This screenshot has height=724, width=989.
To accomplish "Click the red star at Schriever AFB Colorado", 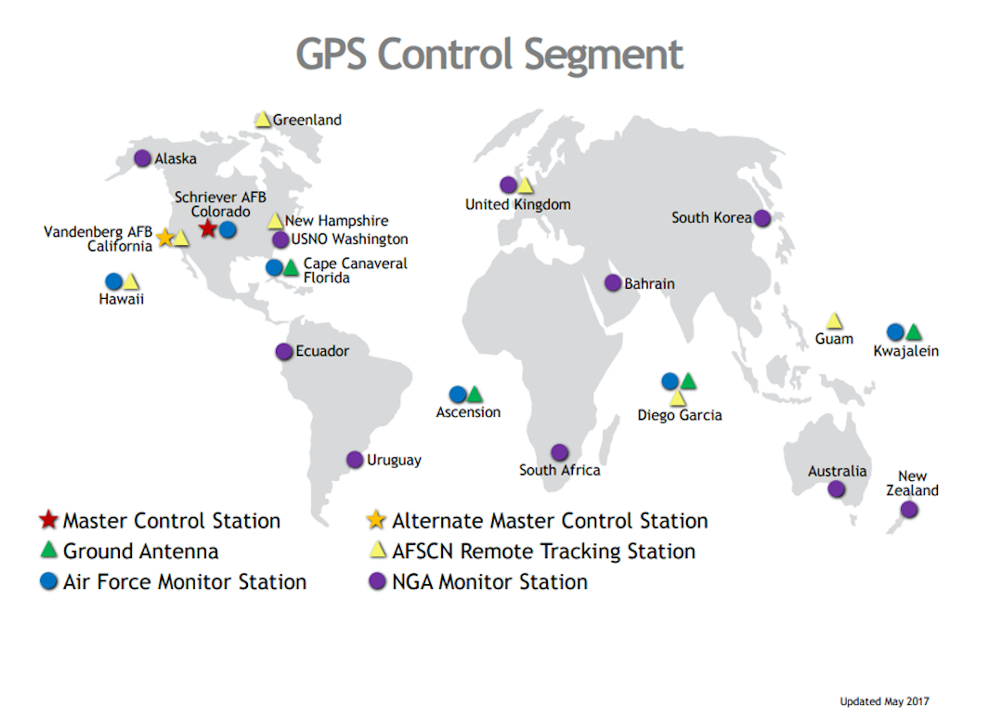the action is tap(208, 229).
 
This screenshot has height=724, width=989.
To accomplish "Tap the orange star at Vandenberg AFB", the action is tap(165, 237).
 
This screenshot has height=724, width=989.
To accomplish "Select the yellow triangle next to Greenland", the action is tap(263, 119).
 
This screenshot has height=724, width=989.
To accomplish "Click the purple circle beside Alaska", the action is tap(142, 158).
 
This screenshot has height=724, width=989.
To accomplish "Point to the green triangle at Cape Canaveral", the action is tap(291, 268).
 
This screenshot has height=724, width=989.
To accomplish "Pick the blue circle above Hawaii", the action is tap(114, 281).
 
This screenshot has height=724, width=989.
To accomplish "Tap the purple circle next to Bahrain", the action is tap(613, 283).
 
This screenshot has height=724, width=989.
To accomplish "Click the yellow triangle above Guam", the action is tap(834, 321).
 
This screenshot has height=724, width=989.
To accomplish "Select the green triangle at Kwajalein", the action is tap(913, 332).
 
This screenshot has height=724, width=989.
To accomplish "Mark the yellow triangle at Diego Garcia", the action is tap(678, 398).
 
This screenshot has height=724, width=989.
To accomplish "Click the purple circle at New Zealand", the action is tap(909, 509).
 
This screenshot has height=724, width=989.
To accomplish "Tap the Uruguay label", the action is tap(394, 460).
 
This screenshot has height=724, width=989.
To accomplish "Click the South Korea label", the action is tap(711, 218).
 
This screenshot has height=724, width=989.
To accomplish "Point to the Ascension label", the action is tap(468, 412).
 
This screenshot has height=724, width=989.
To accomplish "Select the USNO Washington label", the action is tap(350, 239).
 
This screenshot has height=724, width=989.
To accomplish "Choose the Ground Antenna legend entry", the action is tap(129, 551).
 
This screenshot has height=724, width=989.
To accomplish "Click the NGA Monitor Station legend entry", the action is tap(478, 582).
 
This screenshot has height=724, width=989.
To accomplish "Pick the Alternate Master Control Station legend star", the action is tap(376, 520).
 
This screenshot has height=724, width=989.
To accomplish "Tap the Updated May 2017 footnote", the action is tap(884, 701).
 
